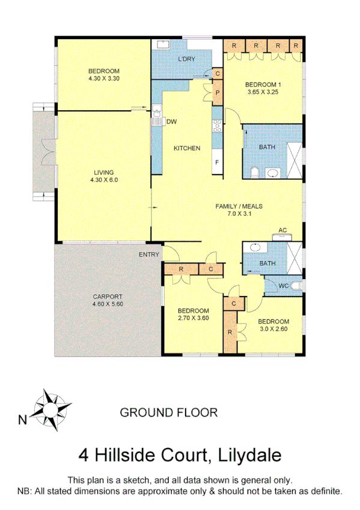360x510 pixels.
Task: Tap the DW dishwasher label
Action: click(x=171, y=121)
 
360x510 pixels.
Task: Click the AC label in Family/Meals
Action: click(x=281, y=230)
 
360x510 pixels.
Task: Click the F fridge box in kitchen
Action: click(x=217, y=162)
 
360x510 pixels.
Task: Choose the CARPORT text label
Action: click(x=108, y=296)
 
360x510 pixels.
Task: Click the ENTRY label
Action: click(x=149, y=254)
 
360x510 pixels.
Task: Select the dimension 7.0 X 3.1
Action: click(x=239, y=214)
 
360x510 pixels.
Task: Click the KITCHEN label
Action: click(x=187, y=149)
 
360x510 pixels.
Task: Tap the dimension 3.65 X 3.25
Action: click(x=264, y=92)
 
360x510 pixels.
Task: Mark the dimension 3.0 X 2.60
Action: click(x=275, y=328)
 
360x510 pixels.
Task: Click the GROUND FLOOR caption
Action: click(x=169, y=413)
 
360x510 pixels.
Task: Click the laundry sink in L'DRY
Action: click(x=163, y=44)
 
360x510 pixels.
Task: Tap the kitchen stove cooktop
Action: click(x=217, y=126)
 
